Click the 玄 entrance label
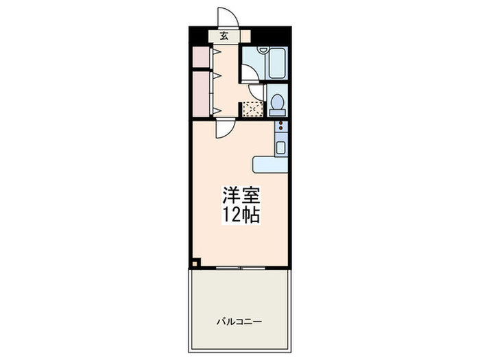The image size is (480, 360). point(224,36)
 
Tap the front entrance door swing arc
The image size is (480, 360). point(226,18)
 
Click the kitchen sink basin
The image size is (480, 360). point(280,145)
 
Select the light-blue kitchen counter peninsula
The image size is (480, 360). point(271,164)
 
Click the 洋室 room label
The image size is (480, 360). point(239,194)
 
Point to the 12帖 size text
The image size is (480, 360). point(239,215)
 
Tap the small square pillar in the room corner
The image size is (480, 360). point(195,261)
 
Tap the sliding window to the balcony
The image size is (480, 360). point(239,266)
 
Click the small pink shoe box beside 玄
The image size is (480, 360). point(245,36)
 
